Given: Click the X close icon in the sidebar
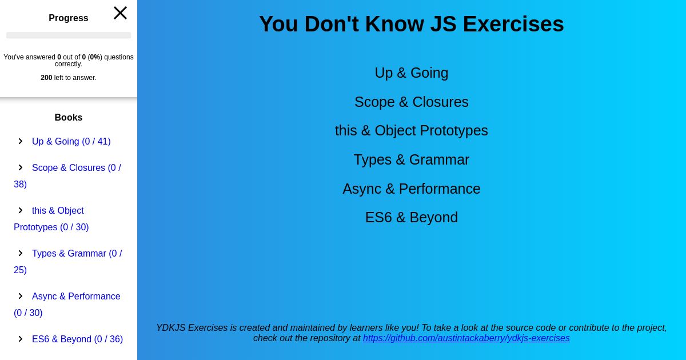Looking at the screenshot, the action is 120,13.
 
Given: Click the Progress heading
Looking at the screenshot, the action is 68,18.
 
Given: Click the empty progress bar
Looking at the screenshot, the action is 69,35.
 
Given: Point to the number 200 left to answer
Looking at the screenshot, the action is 46,78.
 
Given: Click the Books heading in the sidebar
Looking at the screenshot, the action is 68,118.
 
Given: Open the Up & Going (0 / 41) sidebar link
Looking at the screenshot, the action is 71,142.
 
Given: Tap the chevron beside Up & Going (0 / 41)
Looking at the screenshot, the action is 21,141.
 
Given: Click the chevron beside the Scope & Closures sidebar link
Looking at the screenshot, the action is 21,167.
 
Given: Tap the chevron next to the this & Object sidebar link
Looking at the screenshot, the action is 21,210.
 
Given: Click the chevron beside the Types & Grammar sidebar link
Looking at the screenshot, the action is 21,253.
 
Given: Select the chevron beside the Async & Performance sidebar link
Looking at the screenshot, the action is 21,296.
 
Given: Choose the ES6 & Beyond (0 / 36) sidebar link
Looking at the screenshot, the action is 78,339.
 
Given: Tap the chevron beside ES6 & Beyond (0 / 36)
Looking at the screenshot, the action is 21,339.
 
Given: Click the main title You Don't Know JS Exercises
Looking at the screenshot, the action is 411,24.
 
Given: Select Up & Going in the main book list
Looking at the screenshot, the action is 411,73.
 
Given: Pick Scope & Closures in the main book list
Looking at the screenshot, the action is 411,102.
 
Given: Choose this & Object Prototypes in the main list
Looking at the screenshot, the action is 411,131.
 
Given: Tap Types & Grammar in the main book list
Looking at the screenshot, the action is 411,160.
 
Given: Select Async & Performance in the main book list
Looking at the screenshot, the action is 411,189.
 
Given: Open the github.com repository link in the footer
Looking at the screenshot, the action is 466,338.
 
